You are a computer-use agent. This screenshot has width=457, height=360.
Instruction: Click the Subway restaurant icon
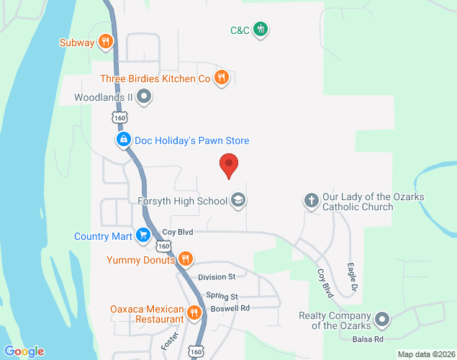tap(106, 42)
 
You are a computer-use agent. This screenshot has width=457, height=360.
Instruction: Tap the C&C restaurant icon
tap(261, 30)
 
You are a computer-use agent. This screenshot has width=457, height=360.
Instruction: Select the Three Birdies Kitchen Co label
tap(155, 78)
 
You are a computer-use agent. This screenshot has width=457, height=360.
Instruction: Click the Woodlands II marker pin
tap(144, 96)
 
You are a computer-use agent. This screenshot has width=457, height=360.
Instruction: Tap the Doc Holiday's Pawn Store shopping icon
tap(124, 140)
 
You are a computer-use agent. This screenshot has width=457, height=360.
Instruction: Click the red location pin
tap(229, 166)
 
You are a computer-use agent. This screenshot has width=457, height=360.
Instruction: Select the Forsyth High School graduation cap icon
tap(237, 201)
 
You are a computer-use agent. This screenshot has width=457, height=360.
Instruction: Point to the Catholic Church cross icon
tap(311, 201)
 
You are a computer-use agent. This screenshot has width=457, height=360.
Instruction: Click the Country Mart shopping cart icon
tap(143, 235)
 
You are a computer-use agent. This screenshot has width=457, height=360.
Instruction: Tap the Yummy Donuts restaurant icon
tap(185, 259)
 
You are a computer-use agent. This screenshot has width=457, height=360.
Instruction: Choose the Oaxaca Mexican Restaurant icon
tap(194, 313)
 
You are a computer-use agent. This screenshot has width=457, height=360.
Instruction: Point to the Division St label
tap(217, 276)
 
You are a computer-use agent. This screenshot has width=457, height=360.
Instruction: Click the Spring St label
tap(222, 296)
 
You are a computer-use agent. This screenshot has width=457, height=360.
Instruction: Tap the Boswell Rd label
tap(230, 308)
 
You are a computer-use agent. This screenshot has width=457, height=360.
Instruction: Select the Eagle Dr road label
tap(353, 276)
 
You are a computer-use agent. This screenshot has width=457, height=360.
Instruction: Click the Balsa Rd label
tap(368, 338)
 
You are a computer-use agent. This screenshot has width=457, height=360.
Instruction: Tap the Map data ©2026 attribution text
tap(427, 354)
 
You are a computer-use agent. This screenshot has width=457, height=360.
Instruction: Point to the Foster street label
tap(169, 341)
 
